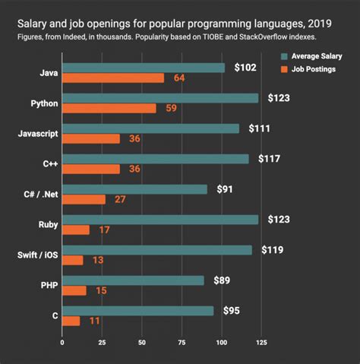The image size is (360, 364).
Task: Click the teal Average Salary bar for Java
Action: click(x=144, y=68)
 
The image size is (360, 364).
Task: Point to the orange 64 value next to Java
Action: click(x=179, y=78)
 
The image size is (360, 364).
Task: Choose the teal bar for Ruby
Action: click(x=160, y=220)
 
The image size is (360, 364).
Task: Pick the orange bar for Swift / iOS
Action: click(x=73, y=260)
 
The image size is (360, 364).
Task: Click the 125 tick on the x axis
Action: click(x=261, y=342)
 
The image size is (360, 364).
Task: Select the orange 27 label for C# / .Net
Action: click(x=121, y=200)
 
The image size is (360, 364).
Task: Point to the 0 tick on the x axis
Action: click(x=62, y=342)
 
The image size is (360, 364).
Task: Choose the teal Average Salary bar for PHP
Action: click(x=133, y=280)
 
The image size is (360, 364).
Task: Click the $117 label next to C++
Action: click(x=270, y=159)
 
